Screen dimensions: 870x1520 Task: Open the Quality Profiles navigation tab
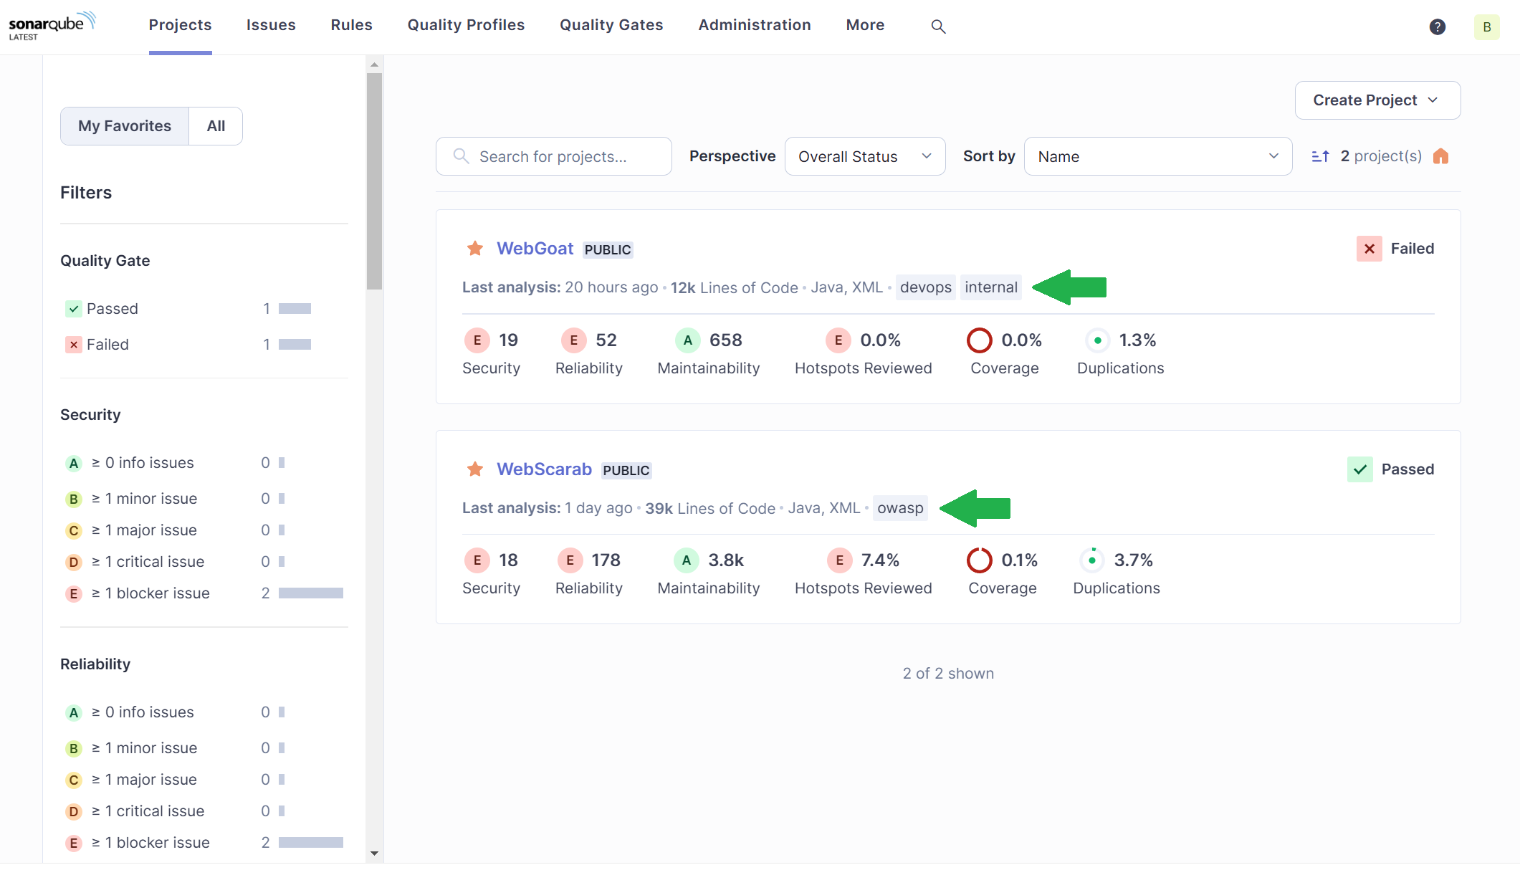[x=466, y=25]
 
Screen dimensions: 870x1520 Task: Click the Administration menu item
[x=754, y=25]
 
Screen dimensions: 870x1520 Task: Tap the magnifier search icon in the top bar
[x=938, y=27]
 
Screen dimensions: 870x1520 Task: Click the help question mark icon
[x=1437, y=27]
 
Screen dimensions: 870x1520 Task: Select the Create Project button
[x=1377, y=100]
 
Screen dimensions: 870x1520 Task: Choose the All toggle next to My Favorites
[x=216, y=126]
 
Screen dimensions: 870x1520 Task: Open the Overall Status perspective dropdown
[x=864, y=156]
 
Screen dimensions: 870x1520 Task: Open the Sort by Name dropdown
[x=1157, y=156]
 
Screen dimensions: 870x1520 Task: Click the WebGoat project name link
[x=535, y=249]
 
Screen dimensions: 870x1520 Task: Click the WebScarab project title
[x=544, y=469]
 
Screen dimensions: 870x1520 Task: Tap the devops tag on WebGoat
[x=925, y=287]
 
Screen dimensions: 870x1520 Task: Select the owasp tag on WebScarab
[x=900, y=508]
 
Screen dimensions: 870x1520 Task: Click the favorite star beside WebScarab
[x=474, y=469]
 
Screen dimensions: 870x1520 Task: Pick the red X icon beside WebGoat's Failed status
[x=1369, y=249]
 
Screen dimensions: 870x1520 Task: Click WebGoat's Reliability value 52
[x=606, y=340]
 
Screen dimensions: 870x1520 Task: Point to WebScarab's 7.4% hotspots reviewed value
[x=880, y=560]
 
